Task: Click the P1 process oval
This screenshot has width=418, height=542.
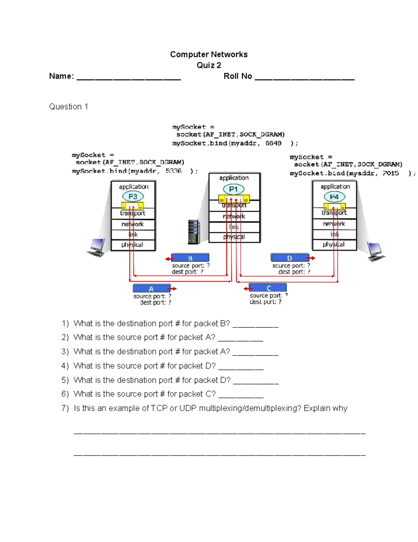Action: pyautogui.click(x=233, y=189)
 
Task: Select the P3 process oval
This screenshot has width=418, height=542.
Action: pyautogui.click(x=133, y=196)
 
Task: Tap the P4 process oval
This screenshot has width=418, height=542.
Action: pyautogui.click(x=334, y=197)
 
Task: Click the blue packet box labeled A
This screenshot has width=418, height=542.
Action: pyautogui.click(x=151, y=289)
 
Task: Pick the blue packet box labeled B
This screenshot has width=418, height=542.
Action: pyautogui.click(x=190, y=258)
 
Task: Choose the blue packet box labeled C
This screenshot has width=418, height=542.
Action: pyautogui.click(x=268, y=288)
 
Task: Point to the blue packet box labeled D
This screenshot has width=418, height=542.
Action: pyautogui.click(x=289, y=258)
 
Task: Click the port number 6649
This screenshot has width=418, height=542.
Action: pyautogui.click(x=273, y=143)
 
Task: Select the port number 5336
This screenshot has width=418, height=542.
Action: pyautogui.click(x=173, y=171)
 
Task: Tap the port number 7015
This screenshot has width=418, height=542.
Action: pyautogui.click(x=390, y=173)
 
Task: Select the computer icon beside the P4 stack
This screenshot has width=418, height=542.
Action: pyautogui.click(x=376, y=252)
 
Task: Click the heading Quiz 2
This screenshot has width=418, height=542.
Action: pyautogui.click(x=209, y=65)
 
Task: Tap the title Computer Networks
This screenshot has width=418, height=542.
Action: pyautogui.click(x=209, y=54)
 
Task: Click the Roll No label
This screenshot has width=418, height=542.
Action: pyautogui.click(x=238, y=76)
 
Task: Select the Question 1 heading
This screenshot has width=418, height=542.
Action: pyautogui.click(x=68, y=106)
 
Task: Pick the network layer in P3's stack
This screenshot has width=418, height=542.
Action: pyautogui.click(x=133, y=224)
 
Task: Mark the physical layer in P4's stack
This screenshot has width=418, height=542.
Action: pyautogui.click(x=334, y=244)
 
